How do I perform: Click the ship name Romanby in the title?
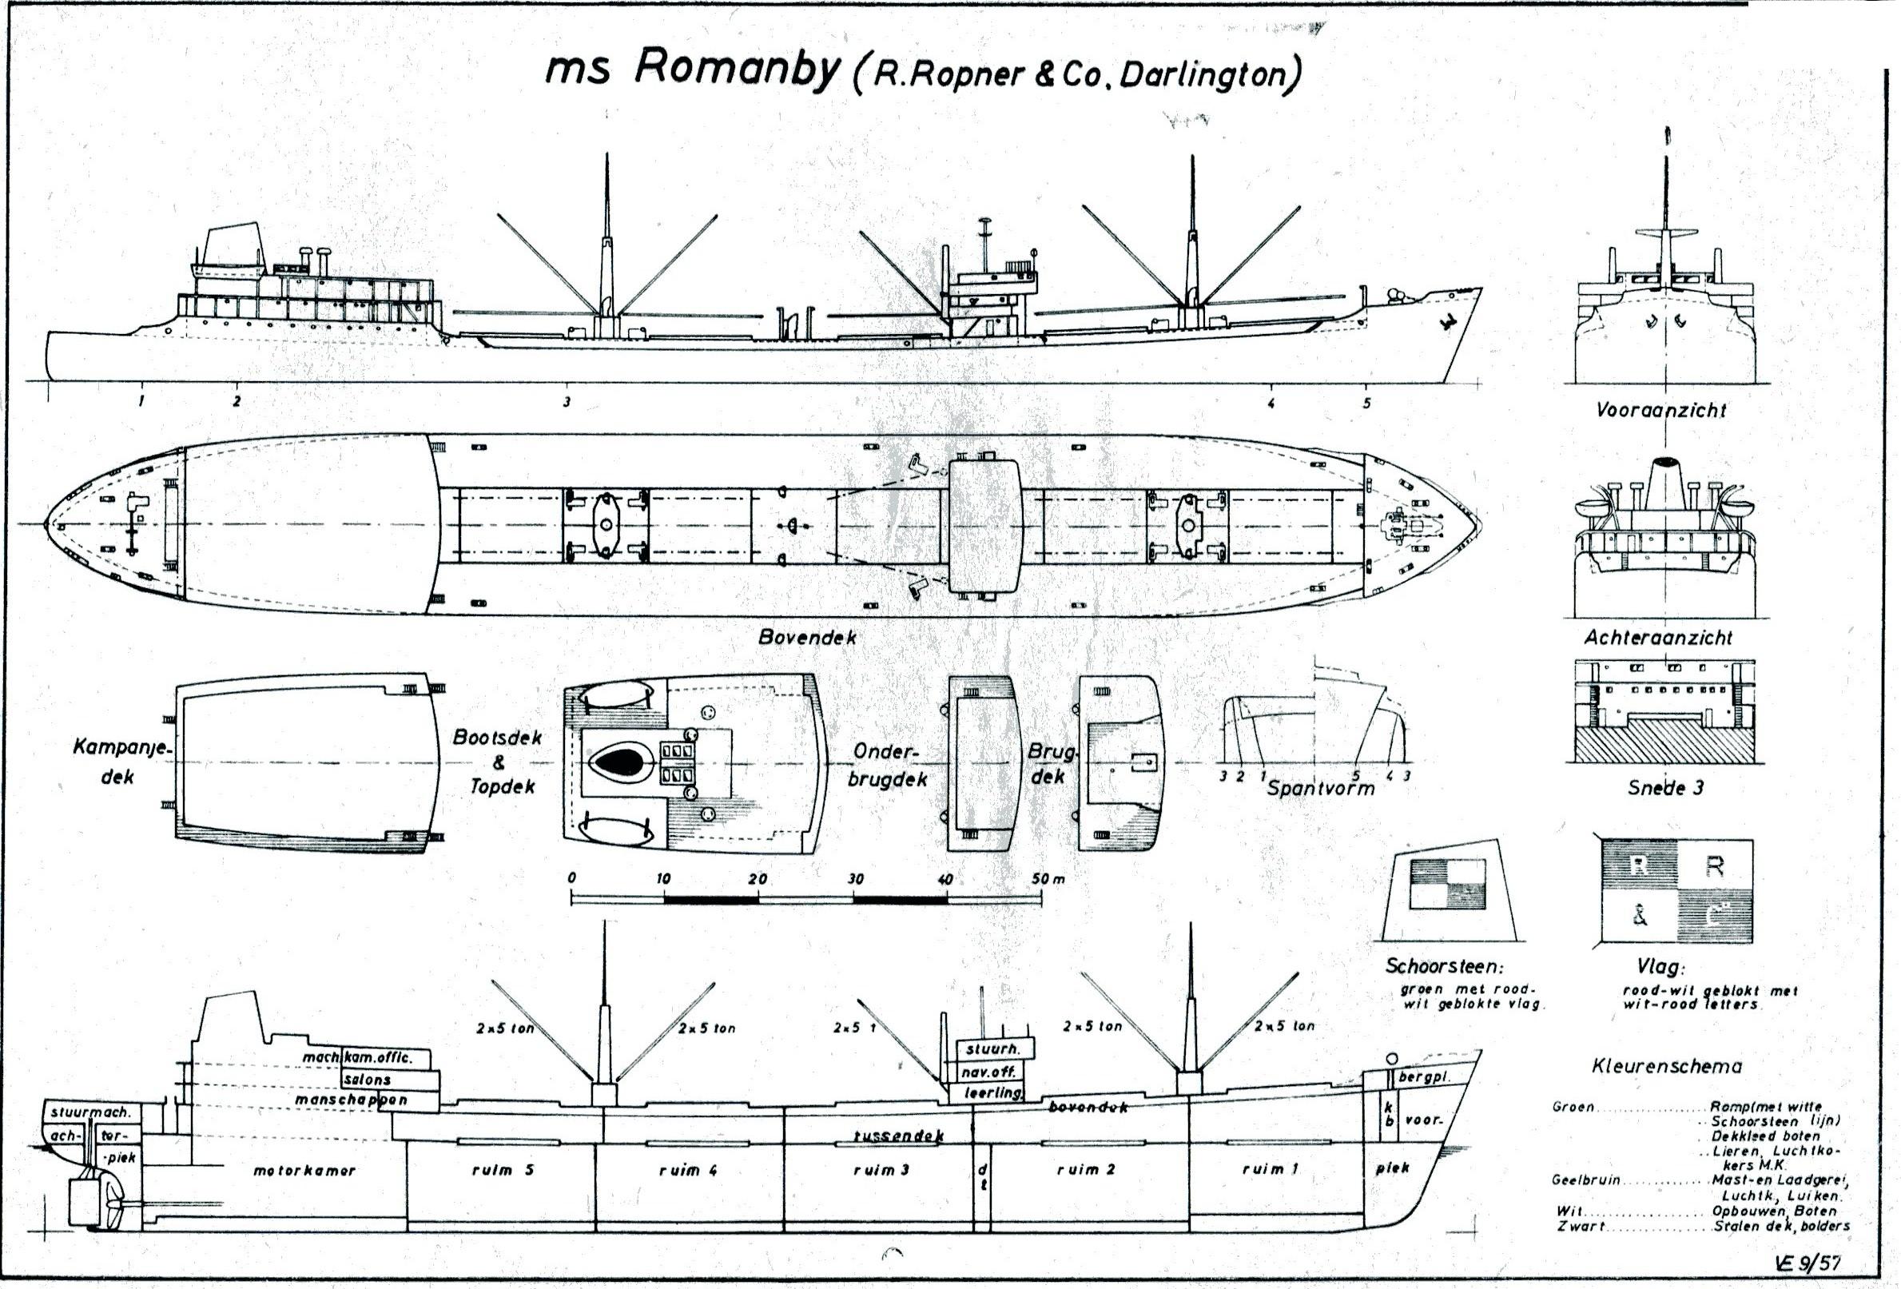[736, 70]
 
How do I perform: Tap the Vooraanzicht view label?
[1660, 411]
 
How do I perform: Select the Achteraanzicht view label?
[1658, 637]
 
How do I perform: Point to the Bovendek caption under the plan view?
[806, 637]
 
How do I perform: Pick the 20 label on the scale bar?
[758, 879]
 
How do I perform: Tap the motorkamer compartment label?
[304, 1171]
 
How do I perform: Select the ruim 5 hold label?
[503, 1170]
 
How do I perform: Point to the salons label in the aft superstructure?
[368, 1080]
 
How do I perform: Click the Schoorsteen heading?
[1444, 966]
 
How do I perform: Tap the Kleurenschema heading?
[1666, 1067]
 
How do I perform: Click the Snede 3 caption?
[1664, 789]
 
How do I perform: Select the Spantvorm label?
[1320, 789]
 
